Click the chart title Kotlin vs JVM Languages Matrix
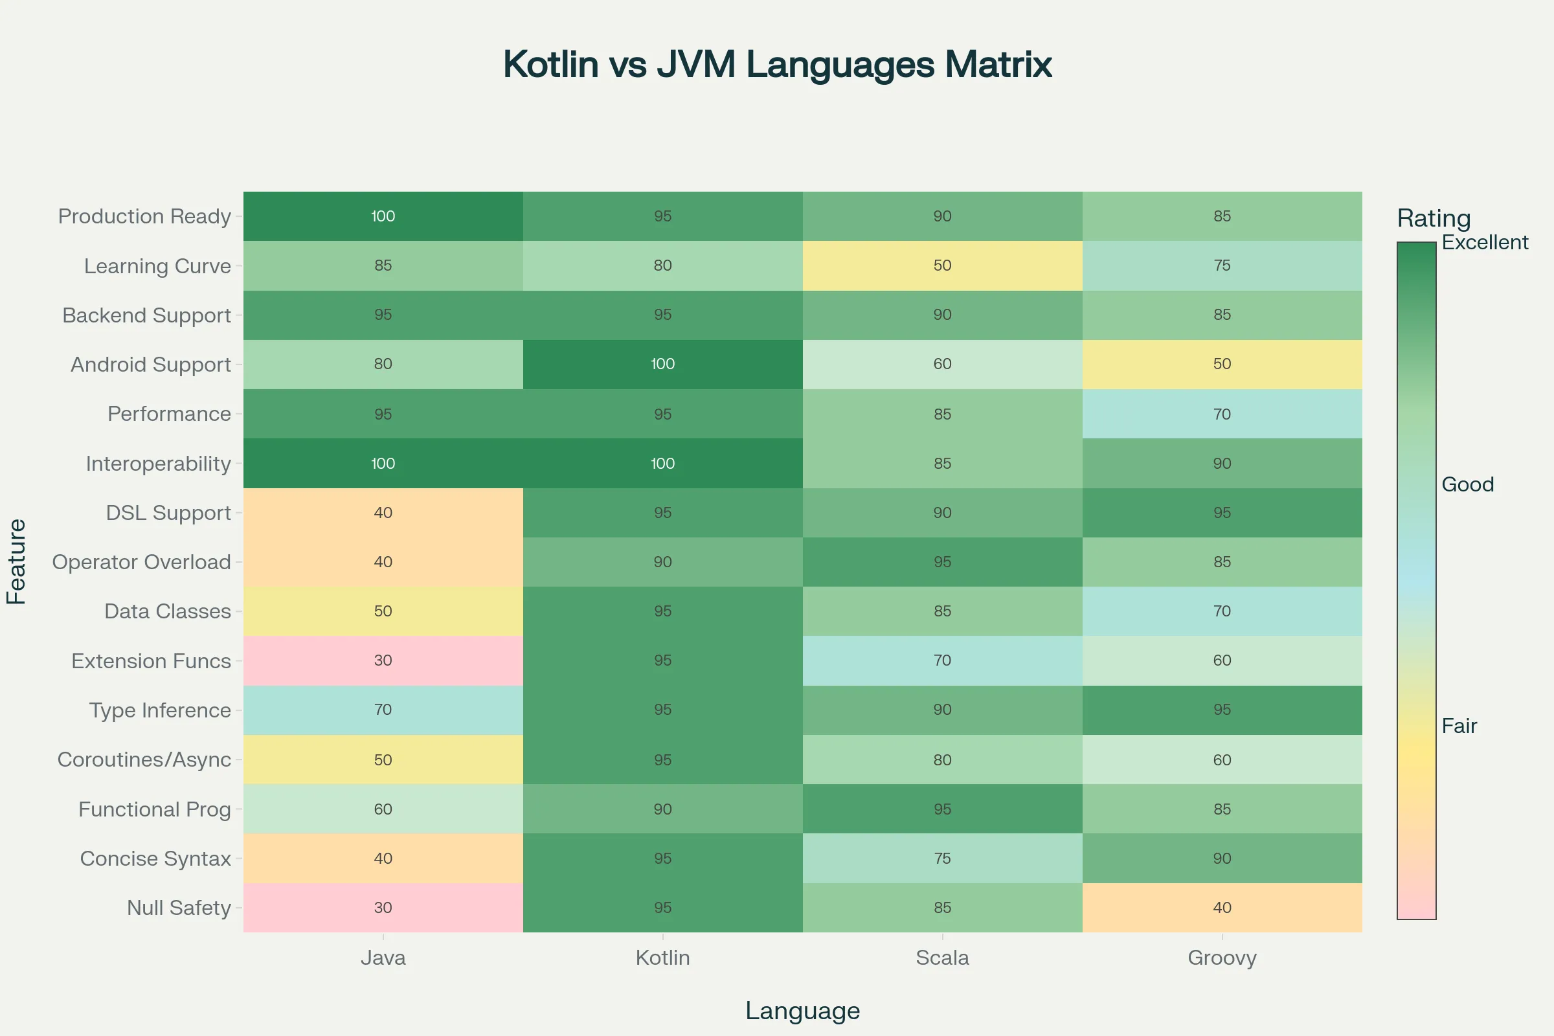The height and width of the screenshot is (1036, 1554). [777, 65]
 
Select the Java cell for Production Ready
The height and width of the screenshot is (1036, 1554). [383, 216]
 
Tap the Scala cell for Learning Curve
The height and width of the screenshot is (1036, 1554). [942, 265]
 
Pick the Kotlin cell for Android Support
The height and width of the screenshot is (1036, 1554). [662, 364]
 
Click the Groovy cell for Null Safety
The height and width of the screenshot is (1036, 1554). [1222, 907]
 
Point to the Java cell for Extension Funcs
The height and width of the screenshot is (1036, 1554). [383, 660]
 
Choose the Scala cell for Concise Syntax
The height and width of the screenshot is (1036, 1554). [942, 859]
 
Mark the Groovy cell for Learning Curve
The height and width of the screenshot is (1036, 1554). [1222, 265]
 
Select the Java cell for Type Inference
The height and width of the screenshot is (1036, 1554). [383, 710]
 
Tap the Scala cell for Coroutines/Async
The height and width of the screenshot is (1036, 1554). [942, 759]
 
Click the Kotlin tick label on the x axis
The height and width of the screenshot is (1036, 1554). [662, 958]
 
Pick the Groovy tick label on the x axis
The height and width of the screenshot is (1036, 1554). [1222, 958]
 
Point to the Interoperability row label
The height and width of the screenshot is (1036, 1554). [159, 463]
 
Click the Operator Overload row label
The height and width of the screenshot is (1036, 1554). [141, 561]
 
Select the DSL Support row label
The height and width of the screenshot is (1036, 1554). [168, 513]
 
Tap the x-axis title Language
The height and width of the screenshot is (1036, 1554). [802, 1011]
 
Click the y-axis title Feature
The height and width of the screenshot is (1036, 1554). [17, 561]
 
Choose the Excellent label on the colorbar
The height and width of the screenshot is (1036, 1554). [1485, 242]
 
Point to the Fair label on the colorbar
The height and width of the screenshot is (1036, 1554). [1459, 726]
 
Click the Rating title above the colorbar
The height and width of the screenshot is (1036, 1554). [1434, 218]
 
